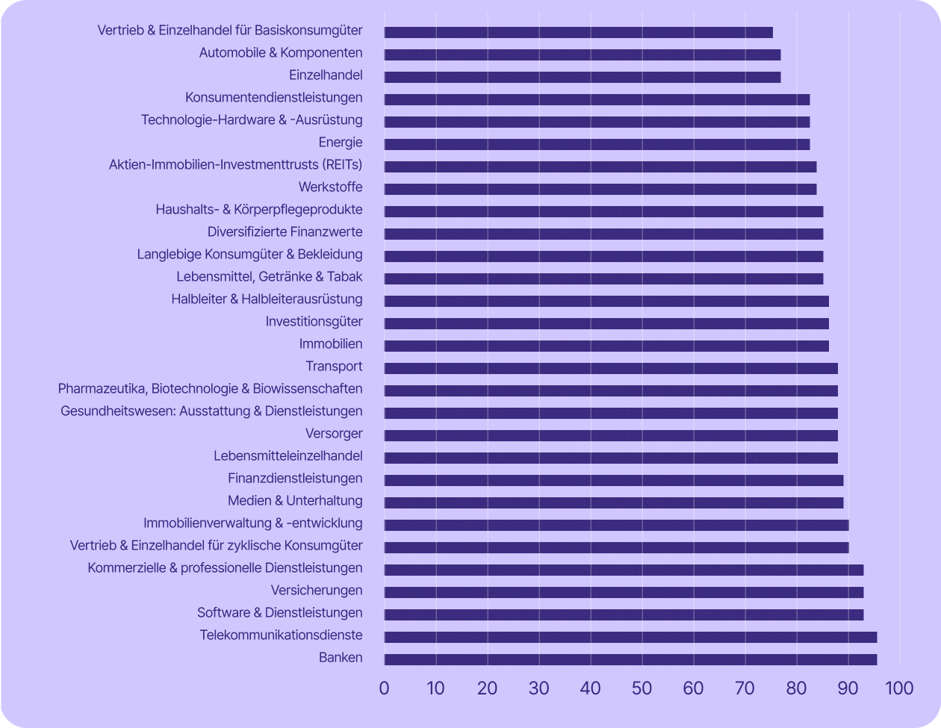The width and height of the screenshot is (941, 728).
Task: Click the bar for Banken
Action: [630, 659]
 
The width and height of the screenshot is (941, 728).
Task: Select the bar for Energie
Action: [597, 144]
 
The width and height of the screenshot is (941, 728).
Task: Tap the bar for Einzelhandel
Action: [583, 77]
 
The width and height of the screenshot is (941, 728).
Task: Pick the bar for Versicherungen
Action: [624, 592]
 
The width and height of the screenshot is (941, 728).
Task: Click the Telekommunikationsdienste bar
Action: [630, 637]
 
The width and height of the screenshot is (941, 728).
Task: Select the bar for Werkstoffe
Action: [600, 189]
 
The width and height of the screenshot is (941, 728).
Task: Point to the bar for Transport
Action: [611, 368]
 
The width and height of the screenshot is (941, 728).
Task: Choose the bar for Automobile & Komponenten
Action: [583, 55]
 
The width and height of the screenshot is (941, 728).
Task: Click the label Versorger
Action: [334, 434]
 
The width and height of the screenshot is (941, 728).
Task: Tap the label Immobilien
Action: [331, 344]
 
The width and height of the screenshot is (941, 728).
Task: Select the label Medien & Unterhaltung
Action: [295, 501]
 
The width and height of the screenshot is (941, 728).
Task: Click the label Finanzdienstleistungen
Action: [295, 479]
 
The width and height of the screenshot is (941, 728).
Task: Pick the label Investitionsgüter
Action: [314, 322]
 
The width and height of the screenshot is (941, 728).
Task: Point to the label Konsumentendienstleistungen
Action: [273, 98]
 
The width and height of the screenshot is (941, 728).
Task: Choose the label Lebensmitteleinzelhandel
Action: [288, 456]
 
